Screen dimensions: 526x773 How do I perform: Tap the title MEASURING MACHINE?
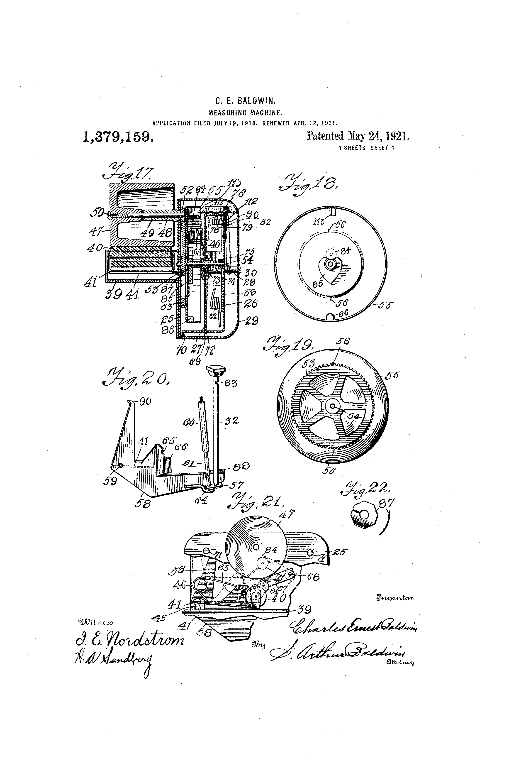(245, 113)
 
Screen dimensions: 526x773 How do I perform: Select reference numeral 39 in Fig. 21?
(303, 609)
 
